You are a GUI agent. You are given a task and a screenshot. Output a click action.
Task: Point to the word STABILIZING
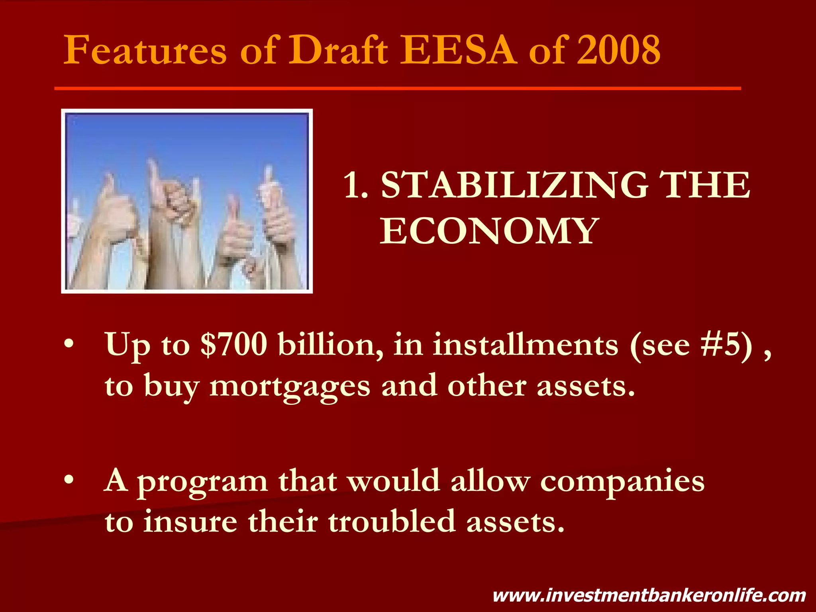coord(514,185)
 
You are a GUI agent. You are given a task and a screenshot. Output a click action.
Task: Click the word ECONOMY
coord(489,231)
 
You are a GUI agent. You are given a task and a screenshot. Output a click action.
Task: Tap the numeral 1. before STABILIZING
coord(355,185)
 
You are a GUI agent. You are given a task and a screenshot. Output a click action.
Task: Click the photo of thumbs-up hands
coord(187,201)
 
